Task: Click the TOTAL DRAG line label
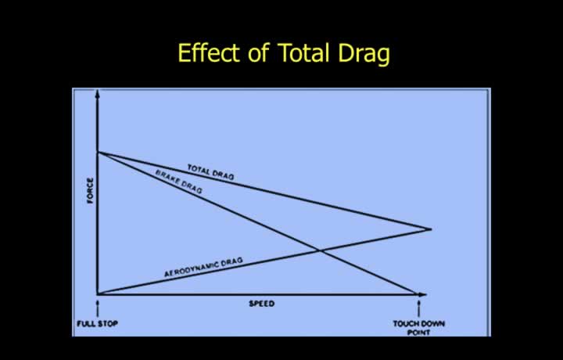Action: click(x=211, y=171)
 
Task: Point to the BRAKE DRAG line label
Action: click(x=179, y=182)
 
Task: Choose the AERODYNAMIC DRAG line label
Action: click(x=203, y=267)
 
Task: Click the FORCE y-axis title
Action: click(x=90, y=191)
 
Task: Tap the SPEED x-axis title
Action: click(x=262, y=304)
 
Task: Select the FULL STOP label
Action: click(x=97, y=323)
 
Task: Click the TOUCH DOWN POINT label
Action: click(x=418, y=328)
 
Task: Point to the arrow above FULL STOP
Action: click(x=97, y=309)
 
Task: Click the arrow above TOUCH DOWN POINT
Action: click(x=418, y=309)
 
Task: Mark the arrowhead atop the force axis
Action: click(x=97, y=94)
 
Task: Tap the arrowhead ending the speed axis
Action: click(x=423, y=294)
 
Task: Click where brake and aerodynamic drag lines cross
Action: click(x=320, y=250)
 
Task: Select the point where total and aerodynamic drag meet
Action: click(x=431, y=229)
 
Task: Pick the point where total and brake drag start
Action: click(x=98, y=153)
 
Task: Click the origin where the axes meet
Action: click(x=98, y=294)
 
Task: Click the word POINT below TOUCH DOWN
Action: click(x=418, y=333)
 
